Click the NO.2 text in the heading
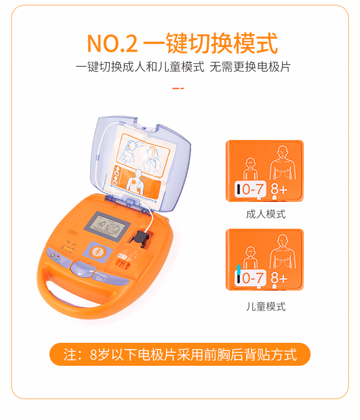pyautogui.click(x=112, y=44)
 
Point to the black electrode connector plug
pyautogui.click(x=140, y=239)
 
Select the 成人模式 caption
pyautogui.click(x=265, y=214)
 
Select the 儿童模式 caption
pyautogui.click(x=265, y=306)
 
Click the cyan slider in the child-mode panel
pyautogui.click(x=239, y=270)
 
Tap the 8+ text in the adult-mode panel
pyautogui.click(x=279, y=189)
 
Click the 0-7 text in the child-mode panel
pyautogui.click(x=252, y=278)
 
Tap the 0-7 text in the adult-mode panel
pyautogui.click(x=252, y=189)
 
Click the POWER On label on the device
pyautogui.click(x=101, y=278)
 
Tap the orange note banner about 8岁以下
pyautogui.click(x=180, y=354)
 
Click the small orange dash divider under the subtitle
pyautogui.click(x=178, y=88)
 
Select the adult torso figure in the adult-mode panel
pyautogui.click(x=282, y=163)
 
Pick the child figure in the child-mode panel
pyautogui.click(x=250, y=257)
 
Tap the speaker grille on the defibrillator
pyautogui.click(x=72, y=232)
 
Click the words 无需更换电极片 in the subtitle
pyautogui.click(x=250, y=67)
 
